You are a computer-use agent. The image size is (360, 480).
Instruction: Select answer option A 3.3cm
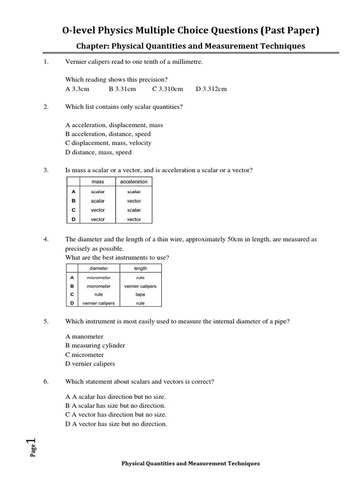pyautogui.click(x=77, y=89)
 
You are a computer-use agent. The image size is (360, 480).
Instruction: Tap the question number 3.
pyautogui.click(x=46, y=170)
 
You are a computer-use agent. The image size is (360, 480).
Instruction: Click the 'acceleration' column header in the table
pyautogui.click(x=134, y=182)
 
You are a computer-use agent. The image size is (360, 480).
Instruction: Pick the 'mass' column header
pyautogui.click(x=98, y=182)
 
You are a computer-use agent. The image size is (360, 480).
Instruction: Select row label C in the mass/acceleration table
pyautogui.click(x=73, y=210)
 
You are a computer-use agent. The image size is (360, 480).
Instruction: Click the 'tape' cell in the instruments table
pyautogui.click(x=140, y=294)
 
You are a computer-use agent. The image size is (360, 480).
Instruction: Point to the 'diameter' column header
pyautogui.click(x=98, y=269)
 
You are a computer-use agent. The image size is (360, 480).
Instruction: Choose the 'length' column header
pyautogui.click(x=140, y=269)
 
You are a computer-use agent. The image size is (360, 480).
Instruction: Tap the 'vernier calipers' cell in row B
pyautogui.click(x=140, y=286)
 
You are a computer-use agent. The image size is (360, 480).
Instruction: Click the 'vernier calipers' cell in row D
pyautogui.click(x=98, y=303)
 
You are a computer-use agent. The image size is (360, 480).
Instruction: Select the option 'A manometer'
pyautogui.click(x=84, y=337)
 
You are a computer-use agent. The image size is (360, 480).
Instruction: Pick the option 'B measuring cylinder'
pyautogui.click(x=95, y=345)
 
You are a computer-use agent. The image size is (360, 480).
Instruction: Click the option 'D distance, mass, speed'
pyautogui.click(x=98, y=152)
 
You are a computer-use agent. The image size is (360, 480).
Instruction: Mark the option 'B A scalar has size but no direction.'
pyautogui.click(x=115, y=405)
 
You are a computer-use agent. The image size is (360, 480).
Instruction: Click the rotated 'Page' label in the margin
pyautogui.click(x=34, y=451)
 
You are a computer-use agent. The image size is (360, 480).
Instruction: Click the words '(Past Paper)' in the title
pyautogui.click(x=289, y=31)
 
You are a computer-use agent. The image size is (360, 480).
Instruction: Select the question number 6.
pyautogui.click(x=46, y=382)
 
